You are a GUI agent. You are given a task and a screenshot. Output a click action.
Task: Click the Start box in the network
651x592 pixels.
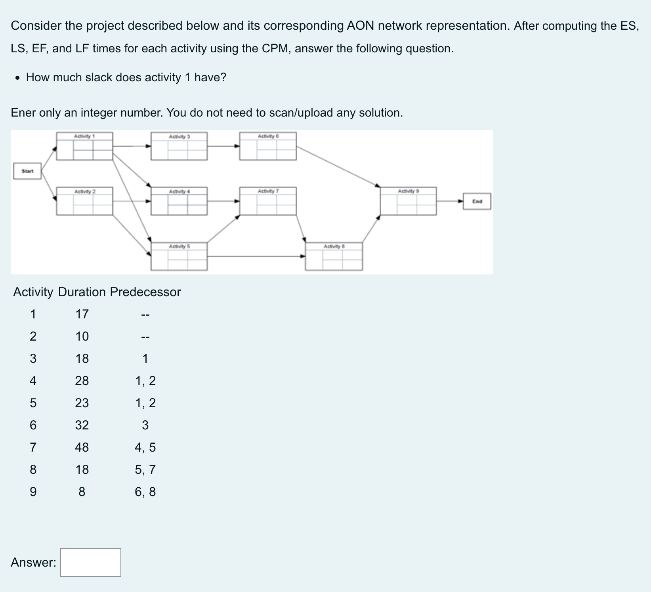tap(27, 171)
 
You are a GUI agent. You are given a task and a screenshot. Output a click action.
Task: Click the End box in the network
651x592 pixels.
tap(477, 201)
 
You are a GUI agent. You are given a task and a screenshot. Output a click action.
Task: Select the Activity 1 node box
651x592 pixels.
tap(84, 146)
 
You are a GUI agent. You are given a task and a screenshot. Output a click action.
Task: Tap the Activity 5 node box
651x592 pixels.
tap(179, 257)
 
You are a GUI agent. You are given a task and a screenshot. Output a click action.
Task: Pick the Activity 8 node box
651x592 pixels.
tap(334, 257)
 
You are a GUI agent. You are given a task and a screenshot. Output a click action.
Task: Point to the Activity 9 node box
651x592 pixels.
tap(408, 201)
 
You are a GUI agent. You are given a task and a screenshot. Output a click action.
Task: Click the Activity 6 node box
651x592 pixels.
tap(268, 146)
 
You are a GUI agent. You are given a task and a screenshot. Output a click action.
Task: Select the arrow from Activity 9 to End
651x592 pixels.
tap(450, 201)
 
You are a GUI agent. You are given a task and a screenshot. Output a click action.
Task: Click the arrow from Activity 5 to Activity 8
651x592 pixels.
tap(256, 257)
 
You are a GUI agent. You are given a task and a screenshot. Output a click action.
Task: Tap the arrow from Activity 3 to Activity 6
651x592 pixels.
tap(223, 146)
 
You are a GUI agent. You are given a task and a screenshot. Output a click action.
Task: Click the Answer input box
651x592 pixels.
tap(91, 562)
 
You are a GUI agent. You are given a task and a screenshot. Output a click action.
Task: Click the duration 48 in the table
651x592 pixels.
tap(82, 447)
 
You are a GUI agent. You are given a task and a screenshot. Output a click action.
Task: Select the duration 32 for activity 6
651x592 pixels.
tap(82, 425)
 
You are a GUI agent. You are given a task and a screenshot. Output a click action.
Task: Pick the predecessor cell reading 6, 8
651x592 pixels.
tap(145, 492)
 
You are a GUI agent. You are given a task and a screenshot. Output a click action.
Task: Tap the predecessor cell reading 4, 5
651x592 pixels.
tap(145, 447)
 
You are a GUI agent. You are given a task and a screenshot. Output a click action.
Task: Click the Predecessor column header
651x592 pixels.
tap(145, 292)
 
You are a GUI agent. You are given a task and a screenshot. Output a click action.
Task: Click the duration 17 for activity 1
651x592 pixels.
tap(82, 314)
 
